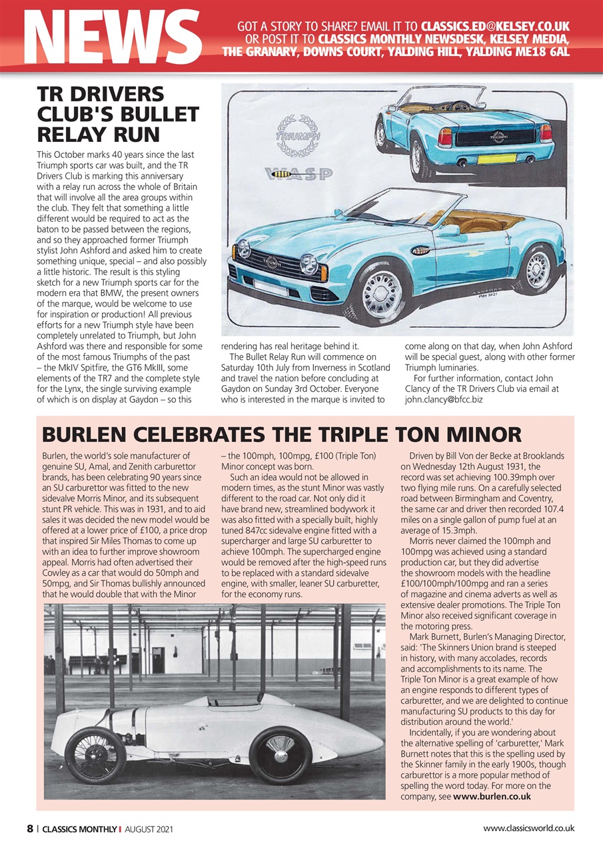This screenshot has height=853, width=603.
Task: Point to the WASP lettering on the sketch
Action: pos(300,175)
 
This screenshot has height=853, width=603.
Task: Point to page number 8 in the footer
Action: pos(30,829)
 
